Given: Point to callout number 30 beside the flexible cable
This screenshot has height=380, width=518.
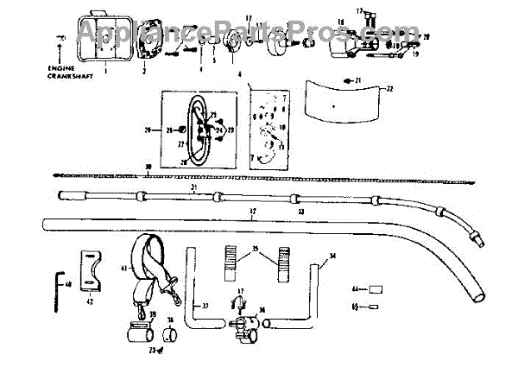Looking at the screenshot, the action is coord(148,166).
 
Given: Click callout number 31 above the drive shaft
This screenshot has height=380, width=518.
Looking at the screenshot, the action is coord(194,189).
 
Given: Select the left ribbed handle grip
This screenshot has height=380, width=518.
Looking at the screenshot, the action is coord(230,263).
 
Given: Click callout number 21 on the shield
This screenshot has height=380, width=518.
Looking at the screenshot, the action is coord(358,80).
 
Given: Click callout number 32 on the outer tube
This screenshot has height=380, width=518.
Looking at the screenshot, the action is coord(252,212).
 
